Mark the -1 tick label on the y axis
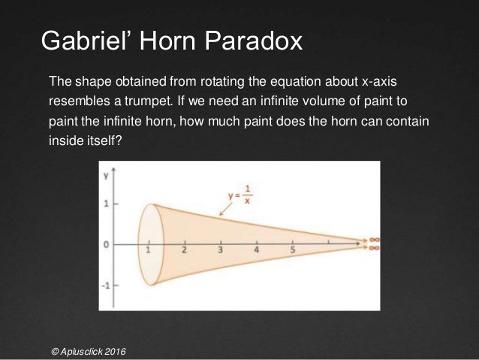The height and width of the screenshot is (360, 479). coord(106,286)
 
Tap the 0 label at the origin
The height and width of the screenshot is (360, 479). coord(107,245)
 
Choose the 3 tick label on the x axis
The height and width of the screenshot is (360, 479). coord(220,250)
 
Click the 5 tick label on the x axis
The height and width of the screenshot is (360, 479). coord(292,250)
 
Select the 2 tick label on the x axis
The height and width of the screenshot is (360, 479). coord(184,250)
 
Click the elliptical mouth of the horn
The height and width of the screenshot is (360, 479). coord(148,244)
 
